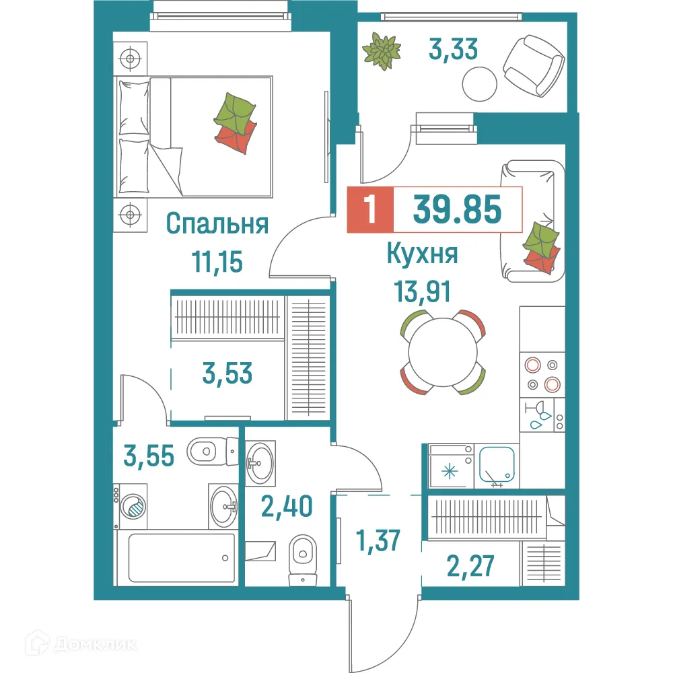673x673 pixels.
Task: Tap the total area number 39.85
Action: pyautogui.click(x=457, y=209)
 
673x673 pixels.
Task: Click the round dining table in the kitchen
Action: pyautogui.click(x=443, y=352)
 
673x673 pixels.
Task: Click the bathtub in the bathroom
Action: pyautogui.click(x=177, y=558)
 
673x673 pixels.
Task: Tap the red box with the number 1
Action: pyautogui.click(x=368, y=210)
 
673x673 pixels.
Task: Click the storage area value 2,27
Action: pyautogui.click(x=470, y=565)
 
